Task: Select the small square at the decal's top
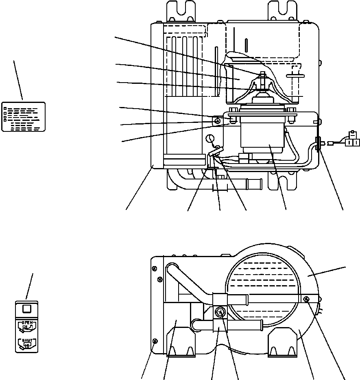(x=27, y=309)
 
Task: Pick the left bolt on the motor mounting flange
(x=232, y=111)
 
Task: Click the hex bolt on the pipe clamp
(x=220, y=313)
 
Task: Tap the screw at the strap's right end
(x=306, y=299)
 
